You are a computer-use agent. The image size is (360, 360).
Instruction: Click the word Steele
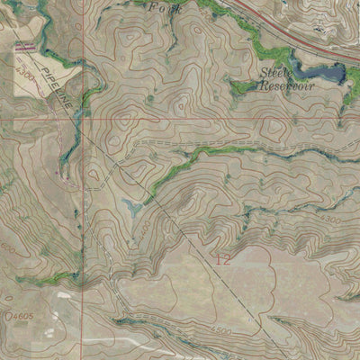coord(274,71)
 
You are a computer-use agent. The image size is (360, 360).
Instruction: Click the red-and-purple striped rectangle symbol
coord(24,45)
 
